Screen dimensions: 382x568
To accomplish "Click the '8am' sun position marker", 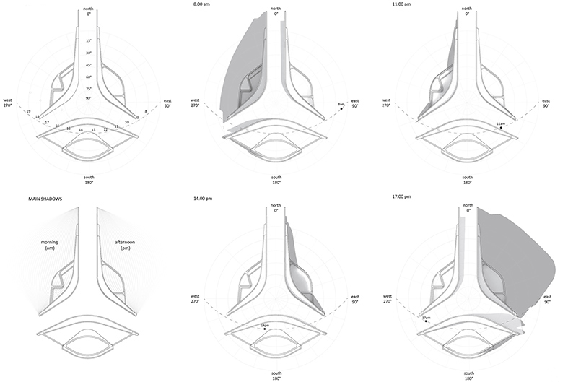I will [x=341, y=106].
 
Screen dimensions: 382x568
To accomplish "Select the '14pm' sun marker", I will [x=266, y=329].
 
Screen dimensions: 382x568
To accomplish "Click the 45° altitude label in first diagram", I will [x=88, y=66].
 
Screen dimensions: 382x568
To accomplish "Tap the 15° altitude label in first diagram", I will [x=88, y=42].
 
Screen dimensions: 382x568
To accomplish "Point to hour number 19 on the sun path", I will [x=27, y=112].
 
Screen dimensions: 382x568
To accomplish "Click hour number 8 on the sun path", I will [x=147, y=112].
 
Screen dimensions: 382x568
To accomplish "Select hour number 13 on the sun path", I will [x=93, y=131].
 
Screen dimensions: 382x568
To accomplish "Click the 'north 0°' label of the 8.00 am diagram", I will [x=275, y=11].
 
